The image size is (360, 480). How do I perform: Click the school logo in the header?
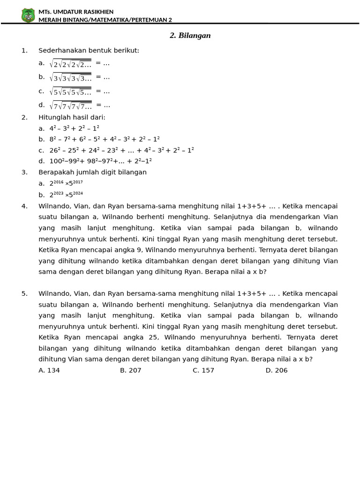pos(28,15)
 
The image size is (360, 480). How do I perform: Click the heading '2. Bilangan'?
pos(190,36)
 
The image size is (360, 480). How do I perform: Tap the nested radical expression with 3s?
pos(70,77)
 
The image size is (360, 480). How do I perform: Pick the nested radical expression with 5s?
pos(70,91)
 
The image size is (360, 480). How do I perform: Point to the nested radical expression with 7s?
pos(70,105)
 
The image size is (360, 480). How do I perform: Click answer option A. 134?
pos(49,370)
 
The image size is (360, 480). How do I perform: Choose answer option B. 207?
pos(130,370)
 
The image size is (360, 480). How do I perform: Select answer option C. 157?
pos(203,370)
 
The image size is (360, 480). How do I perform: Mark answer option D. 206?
pos(277,370)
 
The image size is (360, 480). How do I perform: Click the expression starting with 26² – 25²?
pos(121,150)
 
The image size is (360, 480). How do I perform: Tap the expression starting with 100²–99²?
pos(100,161)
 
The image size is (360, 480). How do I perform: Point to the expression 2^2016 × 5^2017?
pos(66,183)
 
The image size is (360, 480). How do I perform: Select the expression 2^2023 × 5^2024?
pos(66,195)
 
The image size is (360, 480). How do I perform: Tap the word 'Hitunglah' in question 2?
pos(53,118)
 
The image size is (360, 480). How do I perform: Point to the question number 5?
pos(24,294)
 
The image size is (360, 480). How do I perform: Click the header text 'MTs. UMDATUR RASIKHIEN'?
pos(76,12)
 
